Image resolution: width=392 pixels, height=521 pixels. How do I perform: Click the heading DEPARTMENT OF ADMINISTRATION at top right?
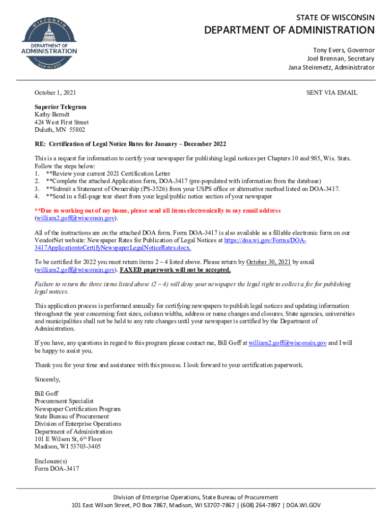289,31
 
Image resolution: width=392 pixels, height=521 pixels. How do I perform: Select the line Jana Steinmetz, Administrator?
331,67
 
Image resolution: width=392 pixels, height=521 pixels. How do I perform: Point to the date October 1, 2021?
55,93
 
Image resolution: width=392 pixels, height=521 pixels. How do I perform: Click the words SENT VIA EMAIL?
331,93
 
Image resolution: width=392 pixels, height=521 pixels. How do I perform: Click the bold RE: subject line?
130,144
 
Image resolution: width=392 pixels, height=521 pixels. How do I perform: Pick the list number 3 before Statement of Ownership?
37,189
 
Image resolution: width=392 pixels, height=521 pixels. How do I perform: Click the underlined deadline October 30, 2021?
268,262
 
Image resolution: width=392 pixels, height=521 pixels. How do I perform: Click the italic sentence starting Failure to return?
192,284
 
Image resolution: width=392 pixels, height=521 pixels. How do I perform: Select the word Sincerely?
47,379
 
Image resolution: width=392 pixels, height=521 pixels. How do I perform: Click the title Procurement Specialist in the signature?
64,401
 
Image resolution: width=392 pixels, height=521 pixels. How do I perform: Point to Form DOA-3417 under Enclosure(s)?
57,469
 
